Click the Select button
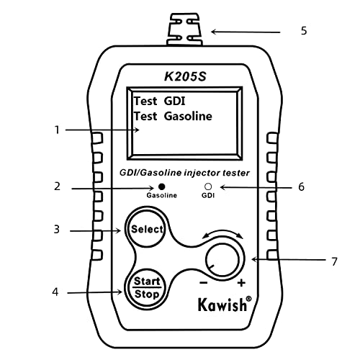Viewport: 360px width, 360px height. (147, 230)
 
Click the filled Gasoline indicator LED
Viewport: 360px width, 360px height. (161, 186)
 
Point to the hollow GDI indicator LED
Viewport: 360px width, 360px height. (208, 186)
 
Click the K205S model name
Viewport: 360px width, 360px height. (185, 76)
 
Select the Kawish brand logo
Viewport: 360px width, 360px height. (225, 304)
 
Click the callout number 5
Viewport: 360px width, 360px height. (304, 31)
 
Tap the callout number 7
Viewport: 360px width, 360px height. (334, 261)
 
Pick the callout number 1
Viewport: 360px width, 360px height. (57, 130)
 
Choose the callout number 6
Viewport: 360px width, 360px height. (301, 186)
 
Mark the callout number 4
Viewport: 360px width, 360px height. (55, 292)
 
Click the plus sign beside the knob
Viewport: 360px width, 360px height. (241, 283)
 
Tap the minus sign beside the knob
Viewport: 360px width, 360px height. (204, 283)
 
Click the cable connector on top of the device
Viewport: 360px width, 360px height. (184, 30)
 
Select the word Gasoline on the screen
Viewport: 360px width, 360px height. (188, 116)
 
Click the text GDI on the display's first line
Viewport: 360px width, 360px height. (174, 101)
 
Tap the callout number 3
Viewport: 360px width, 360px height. (56, 229)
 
